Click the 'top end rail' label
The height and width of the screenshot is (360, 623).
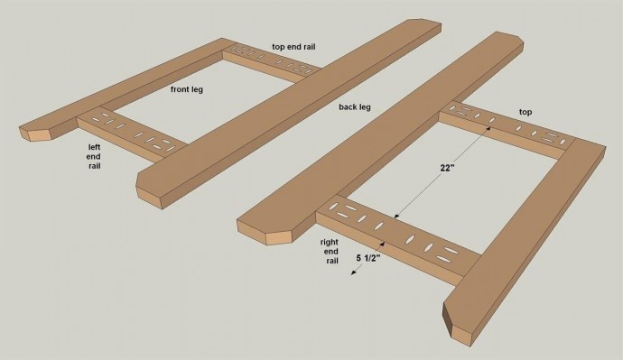coord(293,46)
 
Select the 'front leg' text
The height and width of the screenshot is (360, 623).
coord(187,89)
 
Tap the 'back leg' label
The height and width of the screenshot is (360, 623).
coord(355,106)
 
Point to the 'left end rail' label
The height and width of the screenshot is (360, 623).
coord(94,156)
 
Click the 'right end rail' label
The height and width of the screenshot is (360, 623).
coord(330,251)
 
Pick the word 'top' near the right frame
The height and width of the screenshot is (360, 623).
coord(525,112)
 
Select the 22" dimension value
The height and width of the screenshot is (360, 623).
coord(447,168)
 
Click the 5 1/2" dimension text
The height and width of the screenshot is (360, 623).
coord(368,258)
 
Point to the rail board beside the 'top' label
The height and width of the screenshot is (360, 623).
coord(507,130)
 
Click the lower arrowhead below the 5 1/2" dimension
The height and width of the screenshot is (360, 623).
coord(353,272)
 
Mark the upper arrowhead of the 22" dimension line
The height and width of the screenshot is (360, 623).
coord(488,128)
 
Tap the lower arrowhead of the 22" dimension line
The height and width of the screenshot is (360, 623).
coord(396,216)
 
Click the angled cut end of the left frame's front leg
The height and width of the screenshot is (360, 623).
coord(39,130)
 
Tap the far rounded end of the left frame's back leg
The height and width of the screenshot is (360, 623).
coord(424,24)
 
